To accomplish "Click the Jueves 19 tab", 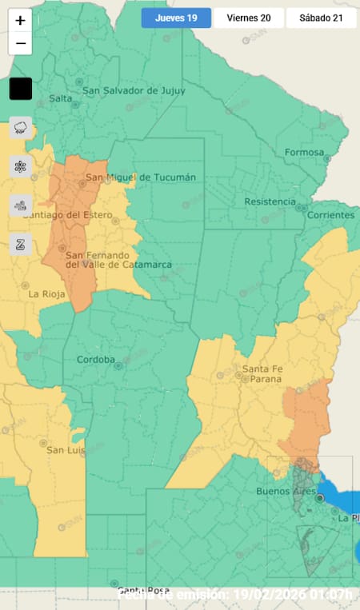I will tap(176, 18).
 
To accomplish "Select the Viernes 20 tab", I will tap(248, 18).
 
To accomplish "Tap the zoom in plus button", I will tap(20, 22).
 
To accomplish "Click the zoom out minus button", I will tap(20, 43).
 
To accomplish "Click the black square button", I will tap(21, 89).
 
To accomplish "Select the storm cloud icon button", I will tap(21, 128).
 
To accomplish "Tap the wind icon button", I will tap(21, 205).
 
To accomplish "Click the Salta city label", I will tap(60, 98).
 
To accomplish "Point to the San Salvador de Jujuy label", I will tap(134, 90).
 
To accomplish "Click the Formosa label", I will tap(304, 153).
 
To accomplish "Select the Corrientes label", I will tap(329, 215).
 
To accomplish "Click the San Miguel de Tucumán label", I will tap(141, 177).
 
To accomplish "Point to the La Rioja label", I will tap(46, 293).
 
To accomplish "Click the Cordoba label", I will tap(96, 360).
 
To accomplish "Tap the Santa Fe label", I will tap(259, 369).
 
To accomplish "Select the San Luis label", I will tap(66, 450).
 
